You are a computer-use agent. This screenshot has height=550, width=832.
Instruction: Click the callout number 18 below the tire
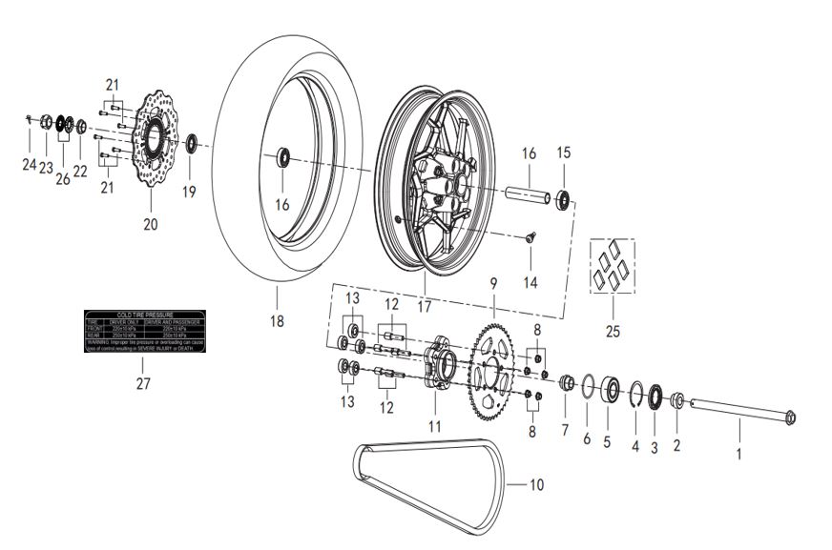(277, 321)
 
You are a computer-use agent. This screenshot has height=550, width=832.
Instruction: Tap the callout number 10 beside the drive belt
(536, 485)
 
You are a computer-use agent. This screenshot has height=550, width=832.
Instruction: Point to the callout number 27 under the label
(143, 383)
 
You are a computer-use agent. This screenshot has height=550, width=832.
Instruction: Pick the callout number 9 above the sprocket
(493, 283)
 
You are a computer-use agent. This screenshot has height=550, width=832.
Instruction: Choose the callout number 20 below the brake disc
(151, 225)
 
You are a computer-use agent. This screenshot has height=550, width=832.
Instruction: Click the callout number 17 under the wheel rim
(424, 307)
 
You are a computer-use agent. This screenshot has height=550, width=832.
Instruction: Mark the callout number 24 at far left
(30, 165)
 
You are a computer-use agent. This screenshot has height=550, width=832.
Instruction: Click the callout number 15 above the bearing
(563, 153)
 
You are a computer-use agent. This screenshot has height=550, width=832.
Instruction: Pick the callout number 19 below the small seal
(190, 192)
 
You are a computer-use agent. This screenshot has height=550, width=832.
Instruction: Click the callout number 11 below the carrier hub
(435, 426)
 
